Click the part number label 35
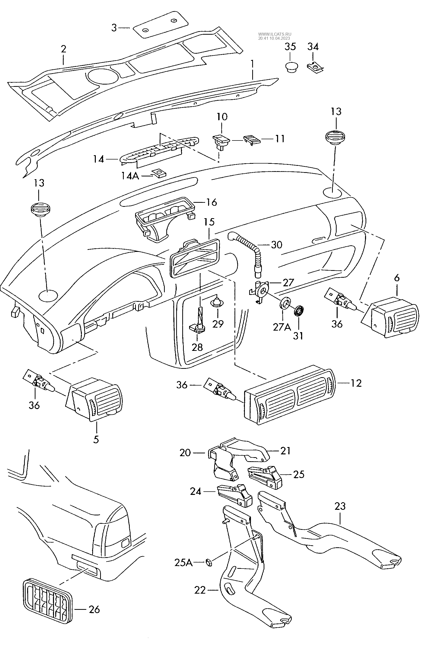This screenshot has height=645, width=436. click(x=290, y=47)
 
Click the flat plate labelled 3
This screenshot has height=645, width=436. click(x=160, y=25)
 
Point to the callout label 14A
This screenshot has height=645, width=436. click(x=130, y=176)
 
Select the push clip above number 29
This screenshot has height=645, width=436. click(x=217, y=302)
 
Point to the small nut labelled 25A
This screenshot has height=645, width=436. click(x=209, y=563)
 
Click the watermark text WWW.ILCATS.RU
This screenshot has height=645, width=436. click(x=275, y=34)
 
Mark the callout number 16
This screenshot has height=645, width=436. click(x=212, y=202)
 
